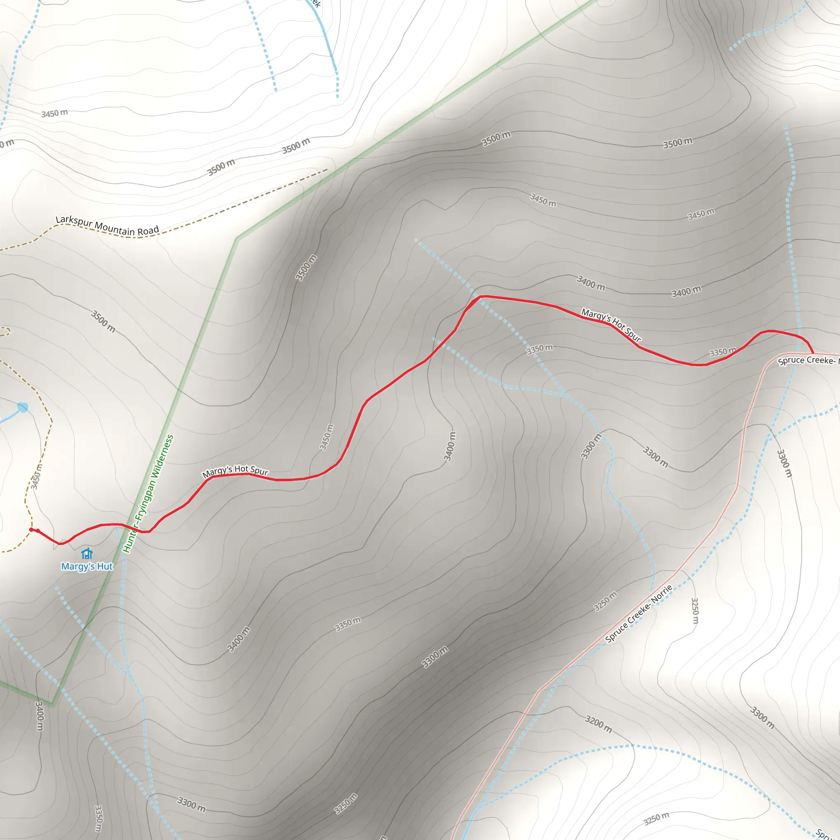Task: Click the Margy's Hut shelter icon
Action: point(87,553)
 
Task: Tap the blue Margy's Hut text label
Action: point(87,566)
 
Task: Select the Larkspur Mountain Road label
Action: point(107,226)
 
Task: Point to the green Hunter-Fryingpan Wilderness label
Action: point(148,494)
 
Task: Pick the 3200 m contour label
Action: point(598,724)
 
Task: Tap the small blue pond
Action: point(23,407)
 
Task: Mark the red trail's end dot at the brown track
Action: point(31,530)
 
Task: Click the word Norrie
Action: point(662,595)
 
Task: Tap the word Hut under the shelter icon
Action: point(105,566)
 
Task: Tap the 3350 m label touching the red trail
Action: point(723,352)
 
